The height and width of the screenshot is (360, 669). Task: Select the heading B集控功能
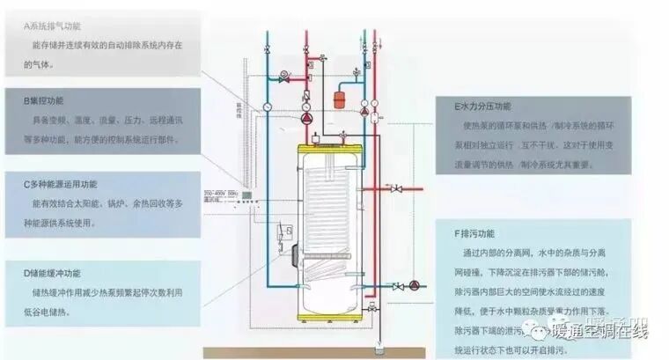pos(45,101)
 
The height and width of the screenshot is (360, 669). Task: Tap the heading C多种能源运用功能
pos(61,184)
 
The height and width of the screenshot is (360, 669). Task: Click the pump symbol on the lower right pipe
pos(412,285)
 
